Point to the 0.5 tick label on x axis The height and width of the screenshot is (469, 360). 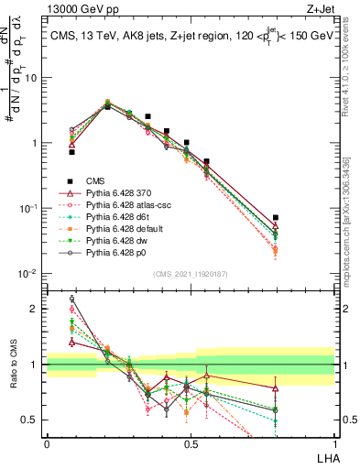(x=191, y=442)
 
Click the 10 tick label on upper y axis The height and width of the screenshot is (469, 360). (x=31, y=78)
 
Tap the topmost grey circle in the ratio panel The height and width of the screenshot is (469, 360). (x=72, y=299)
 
